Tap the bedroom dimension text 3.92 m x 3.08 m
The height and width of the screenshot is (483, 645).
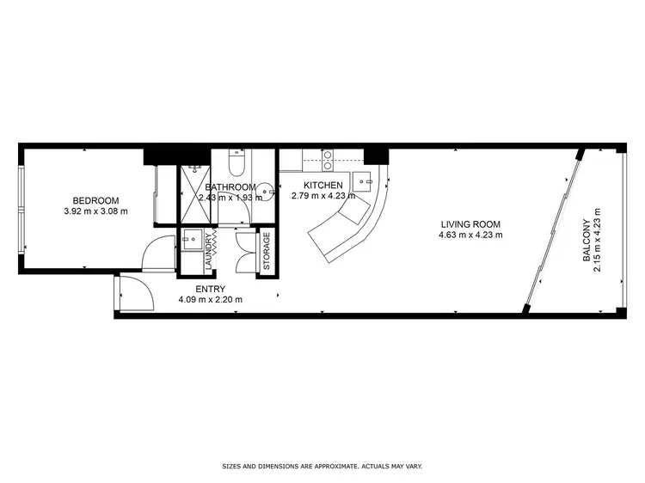pyautogui.click(x=95, y=211)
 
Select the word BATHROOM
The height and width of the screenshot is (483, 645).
pyautogui.click(x=230, y=187)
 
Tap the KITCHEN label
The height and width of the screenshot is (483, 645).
pyautogui.click(x=324, y=185)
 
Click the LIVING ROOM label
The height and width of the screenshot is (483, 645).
pyautogui.click(x=470, y=223)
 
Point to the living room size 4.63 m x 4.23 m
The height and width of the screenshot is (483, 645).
pyautogui.click(x=470, y=235)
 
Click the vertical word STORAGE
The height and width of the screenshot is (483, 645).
pyautogui.click(x=266, y=252)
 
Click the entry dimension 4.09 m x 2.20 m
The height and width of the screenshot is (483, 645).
pyautogui.click(x=210, y=300)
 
